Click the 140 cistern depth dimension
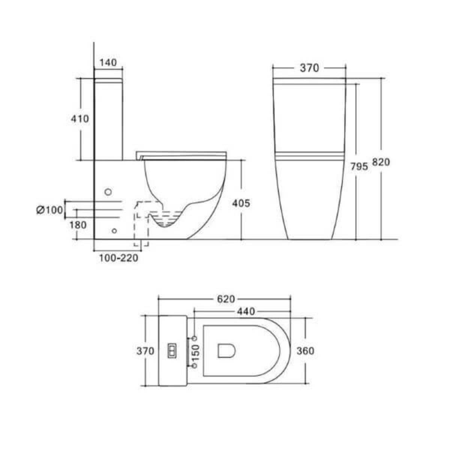pyautogui.click(x=108, y=63)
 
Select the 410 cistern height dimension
pyautogui.click(x=80, y=119)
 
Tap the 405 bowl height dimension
pyautogui.click(x=241, y=203)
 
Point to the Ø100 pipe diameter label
pyautogui.click(x=50, y=210)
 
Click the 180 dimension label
pyautogui.click(x=78, y=225)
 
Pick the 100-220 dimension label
pyautogui.click(x=119, y=258)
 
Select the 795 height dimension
pyautogui.click(x=359, y=166)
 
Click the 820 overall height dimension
pyautogui.click(x=381, y=162)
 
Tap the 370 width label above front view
pyautogui.click(x=309, y=68)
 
